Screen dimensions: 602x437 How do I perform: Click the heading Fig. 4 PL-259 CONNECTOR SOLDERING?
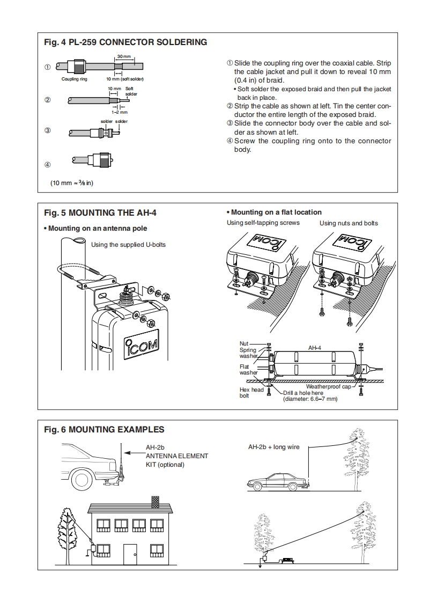click(x=125, y=42)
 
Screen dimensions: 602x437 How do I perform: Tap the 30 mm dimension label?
click(x=123, y=56)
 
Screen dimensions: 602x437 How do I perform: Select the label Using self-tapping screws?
click(x=263, y=223)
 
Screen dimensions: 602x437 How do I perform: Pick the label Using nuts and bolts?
click(x=349, y=223)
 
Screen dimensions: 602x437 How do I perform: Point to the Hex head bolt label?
click(x=251, y=393)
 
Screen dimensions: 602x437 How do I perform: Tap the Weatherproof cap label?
click(x=328, y=386)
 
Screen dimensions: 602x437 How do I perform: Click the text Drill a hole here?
click(x=303, y=393)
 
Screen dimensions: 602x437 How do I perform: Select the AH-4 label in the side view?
click(x=315, y=348)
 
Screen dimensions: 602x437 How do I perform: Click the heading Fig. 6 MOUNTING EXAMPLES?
click(x=103, y=429)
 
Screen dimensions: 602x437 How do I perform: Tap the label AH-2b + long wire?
click(x=273, y=446)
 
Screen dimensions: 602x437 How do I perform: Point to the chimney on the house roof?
click(x=155, y=501)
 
